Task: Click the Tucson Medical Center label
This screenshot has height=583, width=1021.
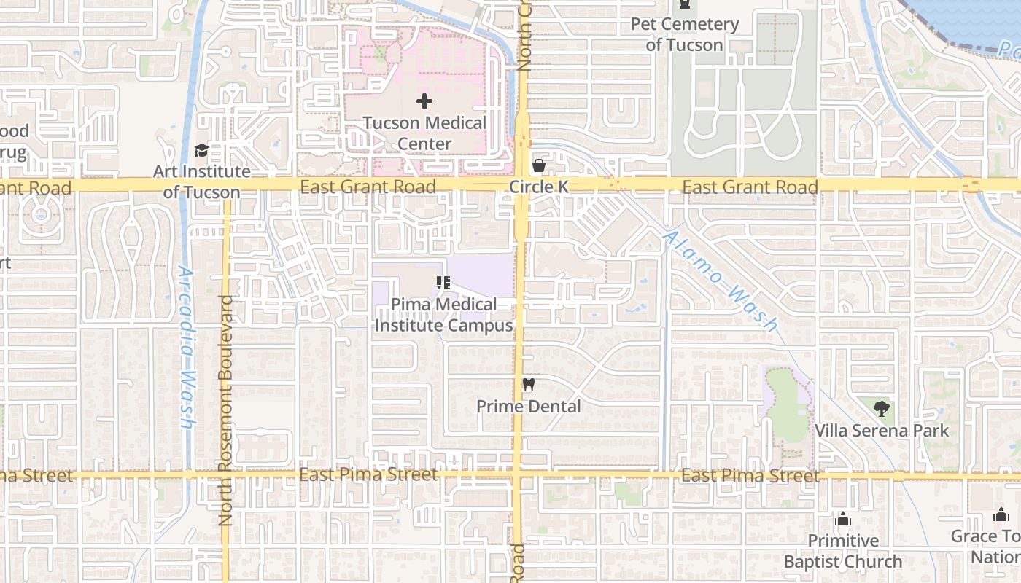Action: pos(424,133)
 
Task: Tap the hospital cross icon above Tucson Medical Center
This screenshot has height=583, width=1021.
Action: pos(424,101)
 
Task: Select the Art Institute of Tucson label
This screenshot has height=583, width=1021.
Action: pos(201,182)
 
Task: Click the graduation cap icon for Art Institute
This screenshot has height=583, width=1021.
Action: pos(201,151)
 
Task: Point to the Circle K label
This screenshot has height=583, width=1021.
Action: pos(538,187)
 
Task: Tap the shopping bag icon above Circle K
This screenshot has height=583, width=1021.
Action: pos(538,165)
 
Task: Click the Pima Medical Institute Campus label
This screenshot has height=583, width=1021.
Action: pos(443,315)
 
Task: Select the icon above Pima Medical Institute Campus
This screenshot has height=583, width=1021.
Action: pos(443,283)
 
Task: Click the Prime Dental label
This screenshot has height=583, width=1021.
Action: pos(529,406)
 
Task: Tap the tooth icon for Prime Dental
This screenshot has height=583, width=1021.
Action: pos(529,384)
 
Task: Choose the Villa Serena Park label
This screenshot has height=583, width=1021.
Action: pos(882,431)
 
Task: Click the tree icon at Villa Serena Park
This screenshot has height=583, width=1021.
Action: pos(882,408)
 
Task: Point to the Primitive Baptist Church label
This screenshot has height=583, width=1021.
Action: pos(843,551)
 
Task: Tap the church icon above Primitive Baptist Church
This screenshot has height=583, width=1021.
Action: pos(843,519)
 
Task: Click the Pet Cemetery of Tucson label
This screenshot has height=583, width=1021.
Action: pos(684,34)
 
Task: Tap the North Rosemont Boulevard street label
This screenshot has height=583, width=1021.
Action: pos(225,410)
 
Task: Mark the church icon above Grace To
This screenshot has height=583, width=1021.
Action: pos(1001,514)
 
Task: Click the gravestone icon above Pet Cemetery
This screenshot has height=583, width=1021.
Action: pos(684,4)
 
